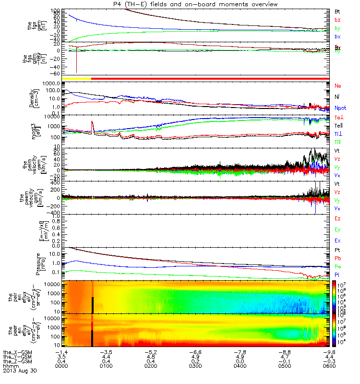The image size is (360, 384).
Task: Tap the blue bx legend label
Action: [x=337, y=36]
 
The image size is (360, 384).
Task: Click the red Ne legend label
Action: [x=337, y=86]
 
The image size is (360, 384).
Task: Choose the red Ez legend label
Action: [x=337, y=218]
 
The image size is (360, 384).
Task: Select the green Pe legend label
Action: [x=337, y=266]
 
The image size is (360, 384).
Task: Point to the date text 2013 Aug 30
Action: [x=20, y=371]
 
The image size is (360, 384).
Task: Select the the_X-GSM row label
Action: [x=19, y=351]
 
